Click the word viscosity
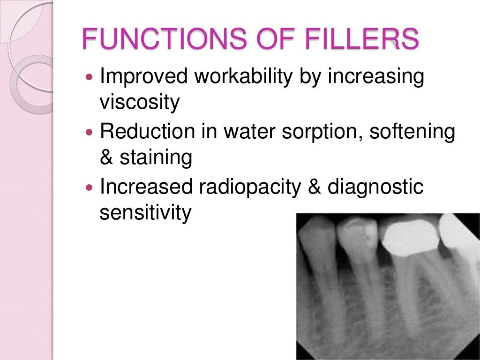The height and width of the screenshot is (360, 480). pos(139,102)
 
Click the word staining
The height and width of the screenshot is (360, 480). pos(156,158)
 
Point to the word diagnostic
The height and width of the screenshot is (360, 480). pos(375,187)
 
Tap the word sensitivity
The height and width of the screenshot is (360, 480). pos(145,213)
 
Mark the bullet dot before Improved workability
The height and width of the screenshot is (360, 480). pos(90,76)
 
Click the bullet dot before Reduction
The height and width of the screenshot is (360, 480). pos(90,132)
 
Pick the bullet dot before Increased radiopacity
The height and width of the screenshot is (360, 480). pos(90,187)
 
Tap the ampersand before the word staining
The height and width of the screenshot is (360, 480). pos(106,157)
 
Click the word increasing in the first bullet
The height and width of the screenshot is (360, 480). pos(375,77)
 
